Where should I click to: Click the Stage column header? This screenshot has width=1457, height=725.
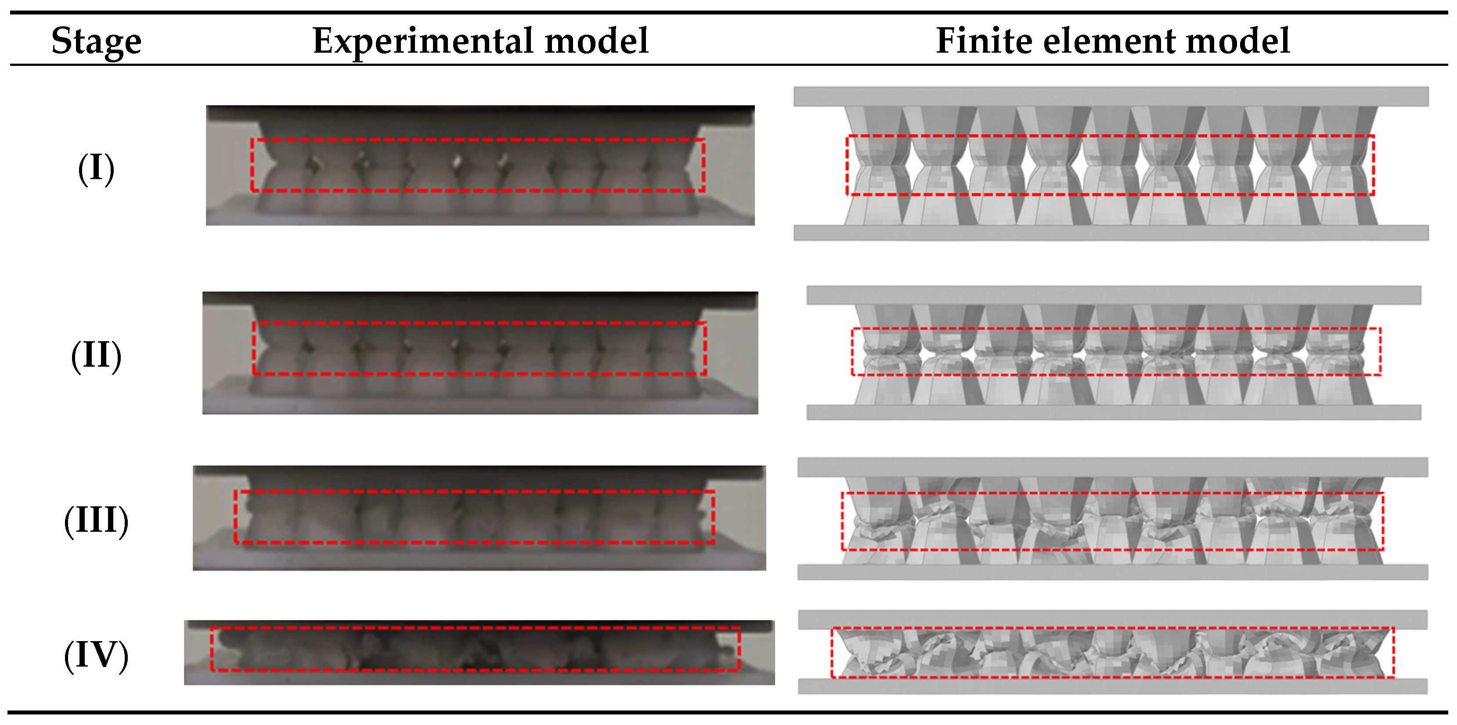96,41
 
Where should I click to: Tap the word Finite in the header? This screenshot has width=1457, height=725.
984,41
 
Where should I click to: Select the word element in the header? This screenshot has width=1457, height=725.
1109,41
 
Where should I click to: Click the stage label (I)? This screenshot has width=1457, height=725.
96,169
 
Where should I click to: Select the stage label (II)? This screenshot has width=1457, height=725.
96,355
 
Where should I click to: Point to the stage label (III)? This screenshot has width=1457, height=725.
96,520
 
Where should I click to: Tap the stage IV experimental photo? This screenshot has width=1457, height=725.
479,652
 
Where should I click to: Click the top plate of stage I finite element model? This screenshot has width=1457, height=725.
1111,97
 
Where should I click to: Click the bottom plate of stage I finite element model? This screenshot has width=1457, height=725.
1111,232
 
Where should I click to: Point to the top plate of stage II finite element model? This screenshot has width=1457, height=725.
1113,295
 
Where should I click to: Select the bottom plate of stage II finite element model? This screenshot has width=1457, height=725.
1113,412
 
